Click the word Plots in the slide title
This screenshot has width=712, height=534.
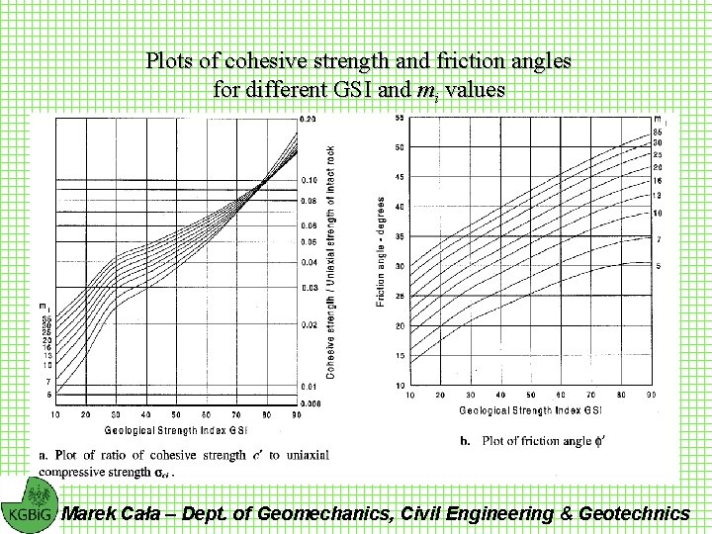point(170,60)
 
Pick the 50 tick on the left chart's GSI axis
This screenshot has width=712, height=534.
point(176,413)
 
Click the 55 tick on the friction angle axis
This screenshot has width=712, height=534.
point(399,118)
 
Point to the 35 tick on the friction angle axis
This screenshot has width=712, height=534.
point(399,236)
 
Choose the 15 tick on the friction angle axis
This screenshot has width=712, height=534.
point(399,355)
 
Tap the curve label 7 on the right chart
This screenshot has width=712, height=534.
point(658,240)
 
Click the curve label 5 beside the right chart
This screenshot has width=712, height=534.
point(658,266)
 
